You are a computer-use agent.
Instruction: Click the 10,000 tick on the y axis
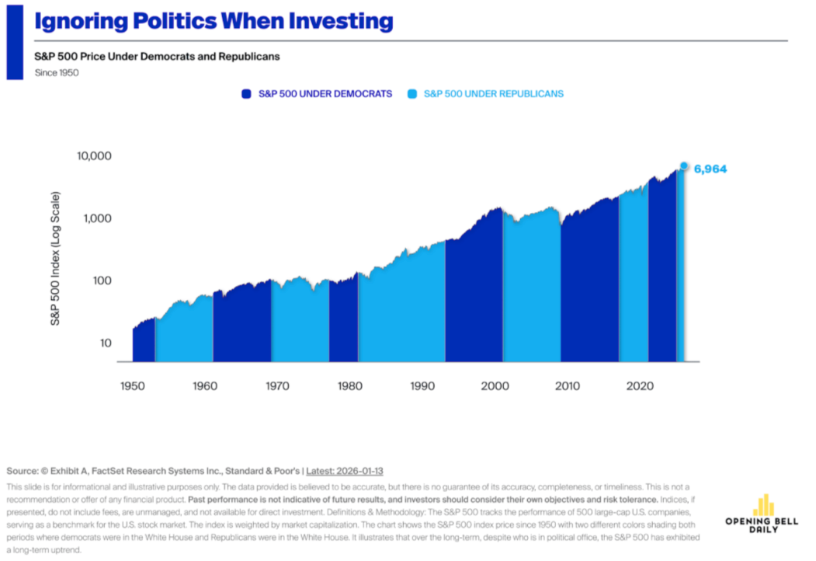point(95,156)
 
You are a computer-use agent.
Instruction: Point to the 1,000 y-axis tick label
point(99,218)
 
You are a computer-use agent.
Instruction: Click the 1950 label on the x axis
point(132,385)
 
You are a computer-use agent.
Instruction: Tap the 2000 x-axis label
point(494,385)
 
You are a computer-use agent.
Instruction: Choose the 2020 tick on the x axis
point(638,385)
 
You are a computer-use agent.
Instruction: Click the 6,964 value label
point(710,168)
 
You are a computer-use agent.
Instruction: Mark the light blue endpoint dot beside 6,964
point(684,166)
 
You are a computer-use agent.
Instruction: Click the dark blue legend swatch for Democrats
point(247,94)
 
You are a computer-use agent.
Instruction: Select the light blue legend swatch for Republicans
point(411,94)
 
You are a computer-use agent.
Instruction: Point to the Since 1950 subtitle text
point(57,73)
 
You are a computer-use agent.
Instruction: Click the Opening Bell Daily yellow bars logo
point(765,504)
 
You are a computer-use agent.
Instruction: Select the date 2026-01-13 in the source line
point(358,471)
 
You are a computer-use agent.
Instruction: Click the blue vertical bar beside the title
point(15,40)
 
